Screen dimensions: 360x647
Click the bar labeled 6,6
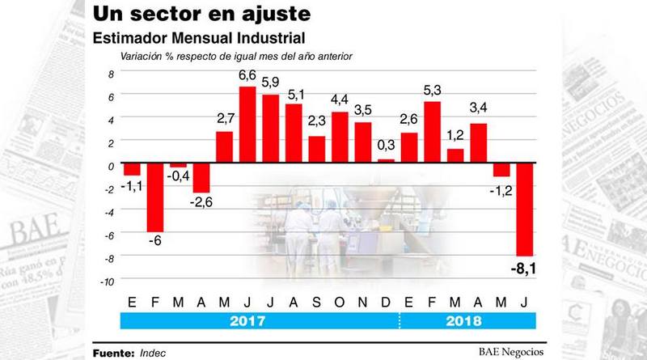click(247, 125)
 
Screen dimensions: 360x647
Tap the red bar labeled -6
click(155, 198)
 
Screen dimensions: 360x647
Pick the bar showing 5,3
click(433, 133)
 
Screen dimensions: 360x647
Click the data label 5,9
click(271, 83)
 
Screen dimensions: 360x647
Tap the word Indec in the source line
click(154, 352)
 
